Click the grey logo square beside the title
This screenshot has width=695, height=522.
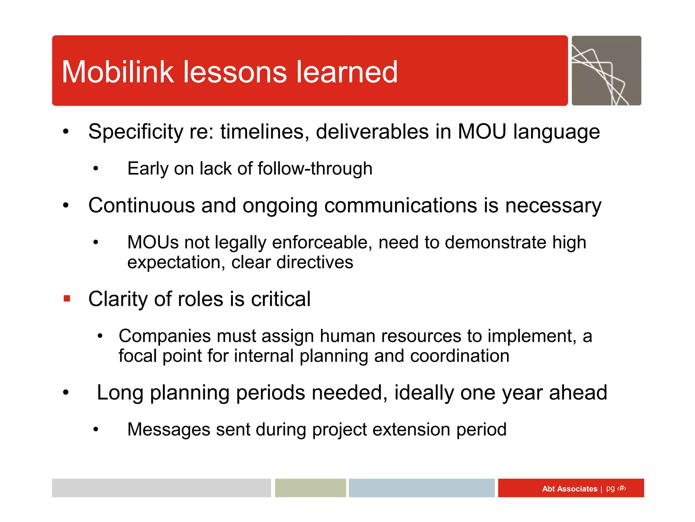tap(606, 71)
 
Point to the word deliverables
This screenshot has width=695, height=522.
tap(372, 132)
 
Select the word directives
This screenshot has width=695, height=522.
tap(315, 262)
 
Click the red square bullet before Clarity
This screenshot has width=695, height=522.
tap(67, 299)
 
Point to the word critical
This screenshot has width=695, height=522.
tap(281, 299)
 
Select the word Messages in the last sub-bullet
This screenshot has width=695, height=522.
tap(169, 429)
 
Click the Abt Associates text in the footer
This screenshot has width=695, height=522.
tap(569, 489)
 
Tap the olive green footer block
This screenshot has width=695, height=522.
tap(310, 488)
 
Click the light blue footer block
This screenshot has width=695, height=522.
tap(421, 488)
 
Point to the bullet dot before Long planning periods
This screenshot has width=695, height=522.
tap(66, 393)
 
